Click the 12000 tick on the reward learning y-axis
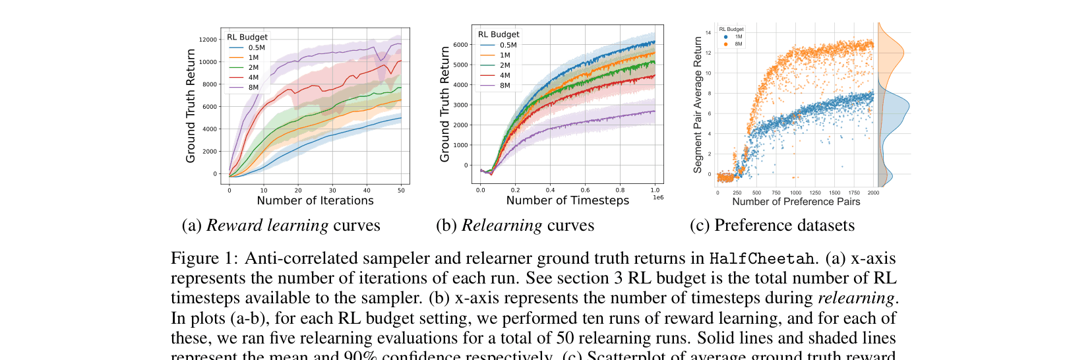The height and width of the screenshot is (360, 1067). click(x=208, y=40)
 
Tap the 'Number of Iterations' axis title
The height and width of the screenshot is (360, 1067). click(x=315, y=200)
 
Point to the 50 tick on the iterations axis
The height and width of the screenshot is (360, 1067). click(x=401, y=191)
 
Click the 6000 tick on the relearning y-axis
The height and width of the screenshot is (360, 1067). click(x=460, y=45)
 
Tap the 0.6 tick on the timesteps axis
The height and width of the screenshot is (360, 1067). click(x=585, y=190)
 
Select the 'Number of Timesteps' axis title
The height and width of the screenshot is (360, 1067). click(x=567, y=200)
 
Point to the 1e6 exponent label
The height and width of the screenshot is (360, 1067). click(x=657, y=198)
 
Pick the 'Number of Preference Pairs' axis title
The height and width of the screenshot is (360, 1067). click(x=796, y=202)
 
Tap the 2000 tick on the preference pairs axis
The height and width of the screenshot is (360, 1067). click(x=873, y=193)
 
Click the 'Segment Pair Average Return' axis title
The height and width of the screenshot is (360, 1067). click(x=698, y=105)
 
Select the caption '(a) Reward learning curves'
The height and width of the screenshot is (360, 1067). click(x=281, y=225)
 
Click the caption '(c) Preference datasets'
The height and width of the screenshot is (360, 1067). click(x=772, y=225)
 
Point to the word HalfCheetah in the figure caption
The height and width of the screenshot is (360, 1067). click(x=761, y=258)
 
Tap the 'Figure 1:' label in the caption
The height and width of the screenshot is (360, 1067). click(x=204, y=258)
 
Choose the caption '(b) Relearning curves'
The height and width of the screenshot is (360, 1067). click(x=514, y=225)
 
